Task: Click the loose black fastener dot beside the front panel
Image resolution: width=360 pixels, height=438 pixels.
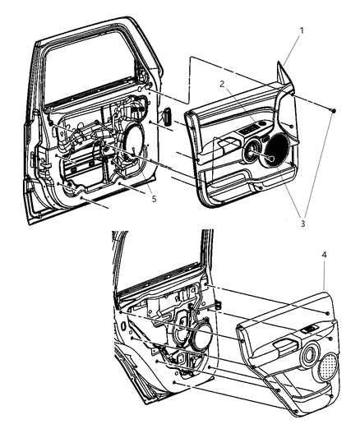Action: pos(335,109)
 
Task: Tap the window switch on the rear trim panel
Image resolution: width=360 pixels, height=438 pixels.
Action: pos(310,330)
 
